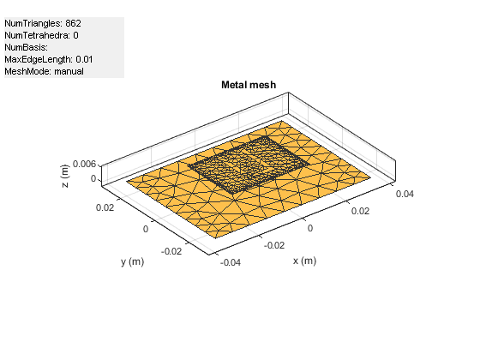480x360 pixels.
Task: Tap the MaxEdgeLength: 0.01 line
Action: [x=49, y=59]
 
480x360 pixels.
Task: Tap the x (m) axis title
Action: [x=305, y=261]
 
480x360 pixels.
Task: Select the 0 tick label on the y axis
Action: [x=146, y=229]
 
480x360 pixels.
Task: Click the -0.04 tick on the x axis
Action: [x=231, y=264]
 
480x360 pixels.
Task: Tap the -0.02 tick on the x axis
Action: [x=275, y=245]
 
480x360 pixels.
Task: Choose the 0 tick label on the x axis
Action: [x=311, y=229]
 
